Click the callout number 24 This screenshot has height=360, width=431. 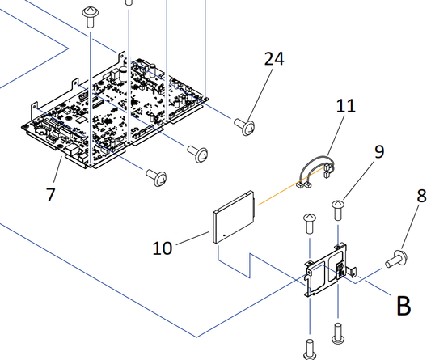(274, 58)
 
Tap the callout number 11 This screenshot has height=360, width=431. (346, 106)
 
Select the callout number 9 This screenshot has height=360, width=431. (379, 151)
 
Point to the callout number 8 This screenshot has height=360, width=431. (421, 196)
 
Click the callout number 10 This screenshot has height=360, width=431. (163, 248)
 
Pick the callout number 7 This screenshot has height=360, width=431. (50, 195)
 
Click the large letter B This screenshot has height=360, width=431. (404, 306)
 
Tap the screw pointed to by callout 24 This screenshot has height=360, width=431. (245, 126)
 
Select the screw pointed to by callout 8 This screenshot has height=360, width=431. (396, 259)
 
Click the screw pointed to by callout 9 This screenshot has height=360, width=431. (338, 210)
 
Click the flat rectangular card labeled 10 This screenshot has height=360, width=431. (234, 218)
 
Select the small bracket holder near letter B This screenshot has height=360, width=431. (328, 269)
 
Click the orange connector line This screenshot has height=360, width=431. (290, 187)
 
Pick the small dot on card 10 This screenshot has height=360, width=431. (224, 235)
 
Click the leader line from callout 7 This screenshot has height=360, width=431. (57, 170)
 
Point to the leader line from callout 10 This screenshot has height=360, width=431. (193, 238)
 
